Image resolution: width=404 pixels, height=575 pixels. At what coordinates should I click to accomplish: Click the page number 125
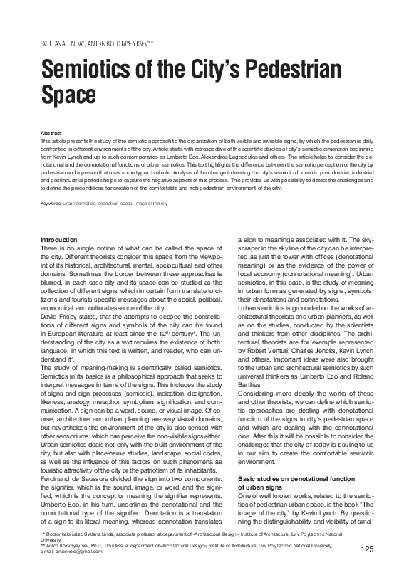pyautogui.click(x=368, y=548)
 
